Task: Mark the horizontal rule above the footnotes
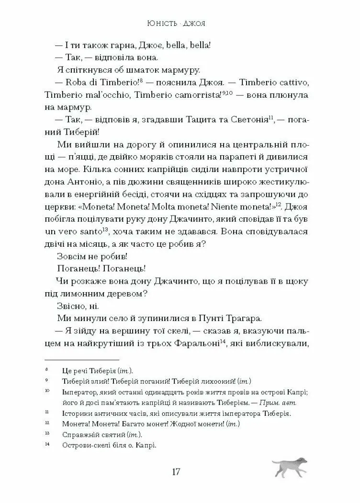pos(81,359)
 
